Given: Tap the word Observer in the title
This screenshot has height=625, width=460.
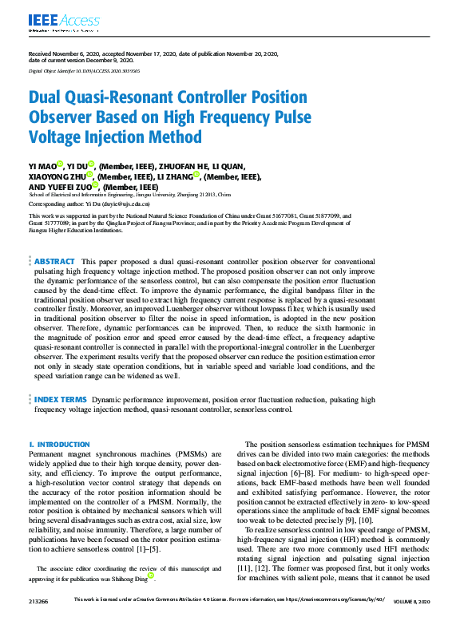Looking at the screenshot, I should coord(65,118).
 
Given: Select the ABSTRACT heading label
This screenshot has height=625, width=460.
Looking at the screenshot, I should coord(55,261).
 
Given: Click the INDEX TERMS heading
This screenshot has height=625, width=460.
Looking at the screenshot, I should coord(61,398).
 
